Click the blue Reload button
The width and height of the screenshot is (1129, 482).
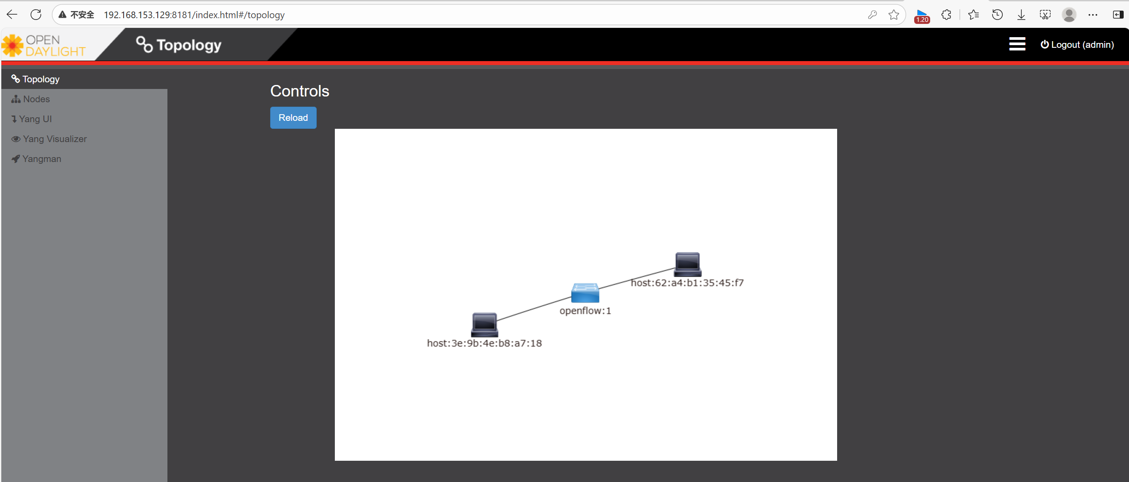(x=293, y=118)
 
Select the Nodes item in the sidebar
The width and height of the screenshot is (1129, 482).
(x=36, y=99)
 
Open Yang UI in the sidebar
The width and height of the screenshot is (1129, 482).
(x=35, y=119)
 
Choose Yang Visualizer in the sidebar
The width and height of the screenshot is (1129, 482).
(x=54, y=139)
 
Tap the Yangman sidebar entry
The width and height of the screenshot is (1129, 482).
(x=42, y=159)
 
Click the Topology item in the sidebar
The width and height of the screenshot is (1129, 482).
(x=41, y=79)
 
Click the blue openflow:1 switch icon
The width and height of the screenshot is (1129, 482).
(x=585, y=293)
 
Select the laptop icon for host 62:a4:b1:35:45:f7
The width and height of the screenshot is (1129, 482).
(x=687, y=264)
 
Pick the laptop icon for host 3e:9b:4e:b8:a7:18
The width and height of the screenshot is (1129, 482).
(x=484, y=324)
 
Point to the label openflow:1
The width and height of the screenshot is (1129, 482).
(x=585, y=311)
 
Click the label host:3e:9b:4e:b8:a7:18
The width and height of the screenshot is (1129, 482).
(x=484, y=343)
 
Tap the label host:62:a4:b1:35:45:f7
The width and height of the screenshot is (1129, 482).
(x=687, y=283)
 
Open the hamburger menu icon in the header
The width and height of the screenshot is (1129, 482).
(x=1017, y=44)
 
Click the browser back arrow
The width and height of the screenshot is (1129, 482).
(x=12, y=15)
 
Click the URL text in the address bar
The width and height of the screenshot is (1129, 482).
(x=194, y=15)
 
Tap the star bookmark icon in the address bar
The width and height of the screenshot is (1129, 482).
(x=893, y=15)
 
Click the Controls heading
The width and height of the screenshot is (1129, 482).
(x=299, y=91)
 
